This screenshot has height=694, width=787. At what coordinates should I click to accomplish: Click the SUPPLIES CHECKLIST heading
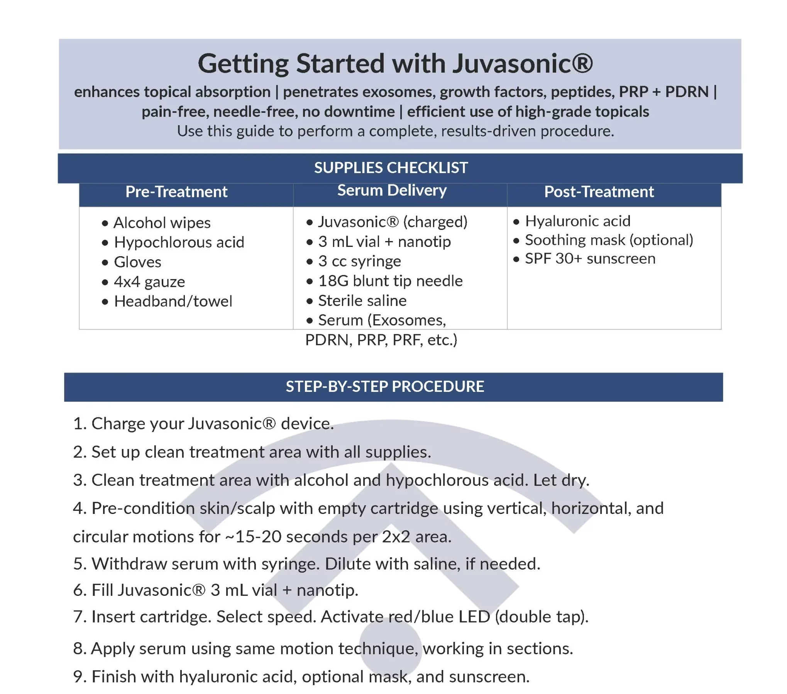pos(391,168)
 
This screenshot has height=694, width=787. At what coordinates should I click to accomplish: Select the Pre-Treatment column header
pos(176,192)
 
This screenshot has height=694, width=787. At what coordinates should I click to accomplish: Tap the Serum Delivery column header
pos(392,190)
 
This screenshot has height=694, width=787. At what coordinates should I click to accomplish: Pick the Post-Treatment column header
pos(599,192)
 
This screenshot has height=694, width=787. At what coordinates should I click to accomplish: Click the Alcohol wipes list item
pos(162,223)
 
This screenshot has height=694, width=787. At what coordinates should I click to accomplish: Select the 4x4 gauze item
pos(149,282)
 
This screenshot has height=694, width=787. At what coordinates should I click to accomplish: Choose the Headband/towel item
pos(173,301)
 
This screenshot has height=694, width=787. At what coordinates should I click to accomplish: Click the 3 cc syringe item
pos(359,261)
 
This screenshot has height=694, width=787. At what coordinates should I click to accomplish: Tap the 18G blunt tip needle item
pos(390,281)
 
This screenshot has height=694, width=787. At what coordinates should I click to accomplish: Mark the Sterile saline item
pos(362,301)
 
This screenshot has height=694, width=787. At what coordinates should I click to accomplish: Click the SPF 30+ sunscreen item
pos(590,259)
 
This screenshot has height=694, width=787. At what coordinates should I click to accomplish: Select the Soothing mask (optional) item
pos(609,240)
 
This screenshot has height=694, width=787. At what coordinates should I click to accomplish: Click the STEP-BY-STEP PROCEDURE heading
pos(385,386)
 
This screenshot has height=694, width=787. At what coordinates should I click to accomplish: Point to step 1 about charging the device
pos(203,424)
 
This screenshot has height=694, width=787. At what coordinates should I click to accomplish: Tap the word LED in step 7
pos(474,617)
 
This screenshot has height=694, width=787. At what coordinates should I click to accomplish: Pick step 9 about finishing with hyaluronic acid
pos(301,677)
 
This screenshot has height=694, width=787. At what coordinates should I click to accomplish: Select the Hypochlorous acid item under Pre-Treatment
pos(179,242)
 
